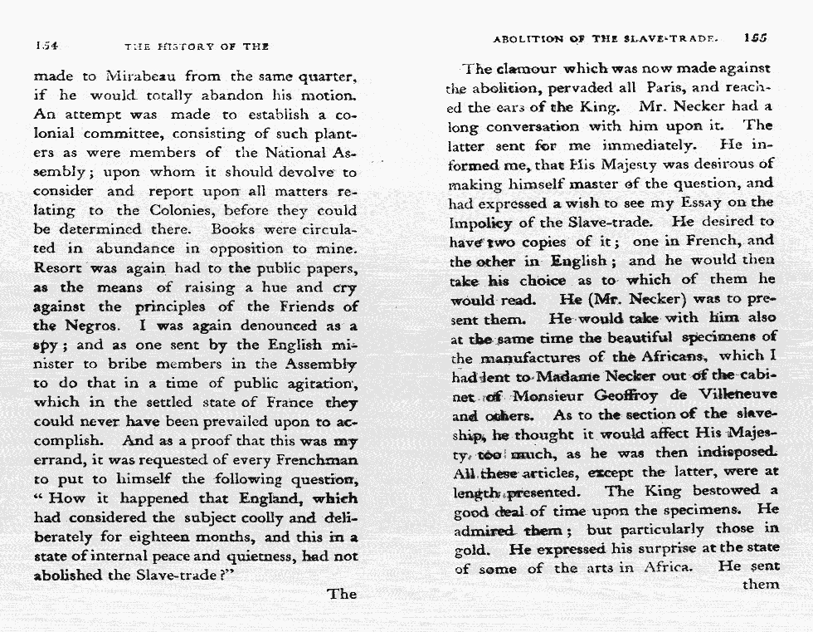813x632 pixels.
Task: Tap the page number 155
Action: [x=756, y=37]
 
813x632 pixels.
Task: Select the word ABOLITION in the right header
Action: [x=528, y=38]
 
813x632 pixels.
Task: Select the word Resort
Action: [x=59, y=267]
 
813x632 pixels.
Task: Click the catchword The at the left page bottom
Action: [x=342, y=594]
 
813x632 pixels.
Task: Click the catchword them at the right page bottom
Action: [x=761, y=584]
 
